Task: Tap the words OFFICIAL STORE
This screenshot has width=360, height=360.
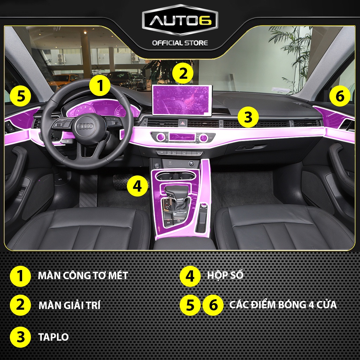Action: click(180, 43)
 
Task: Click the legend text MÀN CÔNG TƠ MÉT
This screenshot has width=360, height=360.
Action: click(83, 275)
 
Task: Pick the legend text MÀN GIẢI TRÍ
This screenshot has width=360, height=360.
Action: click(69, 305)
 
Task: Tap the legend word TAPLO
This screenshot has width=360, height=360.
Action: click(53, 337)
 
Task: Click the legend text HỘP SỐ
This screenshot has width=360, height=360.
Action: click(228, 275)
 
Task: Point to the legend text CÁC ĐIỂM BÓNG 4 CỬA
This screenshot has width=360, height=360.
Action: click(283, 304)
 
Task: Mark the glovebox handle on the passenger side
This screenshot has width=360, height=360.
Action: click(245, 148)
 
